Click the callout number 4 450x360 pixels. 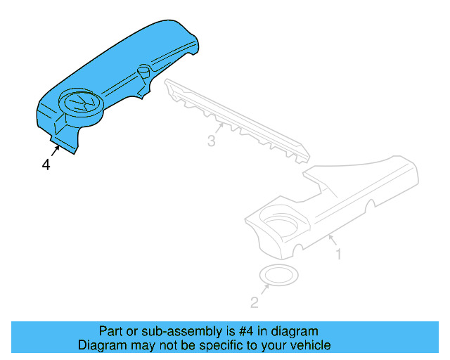46,165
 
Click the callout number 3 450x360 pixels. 212,141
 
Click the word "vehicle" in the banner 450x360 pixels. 309,345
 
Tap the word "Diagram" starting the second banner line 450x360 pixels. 102,345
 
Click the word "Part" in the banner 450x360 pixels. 110,331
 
